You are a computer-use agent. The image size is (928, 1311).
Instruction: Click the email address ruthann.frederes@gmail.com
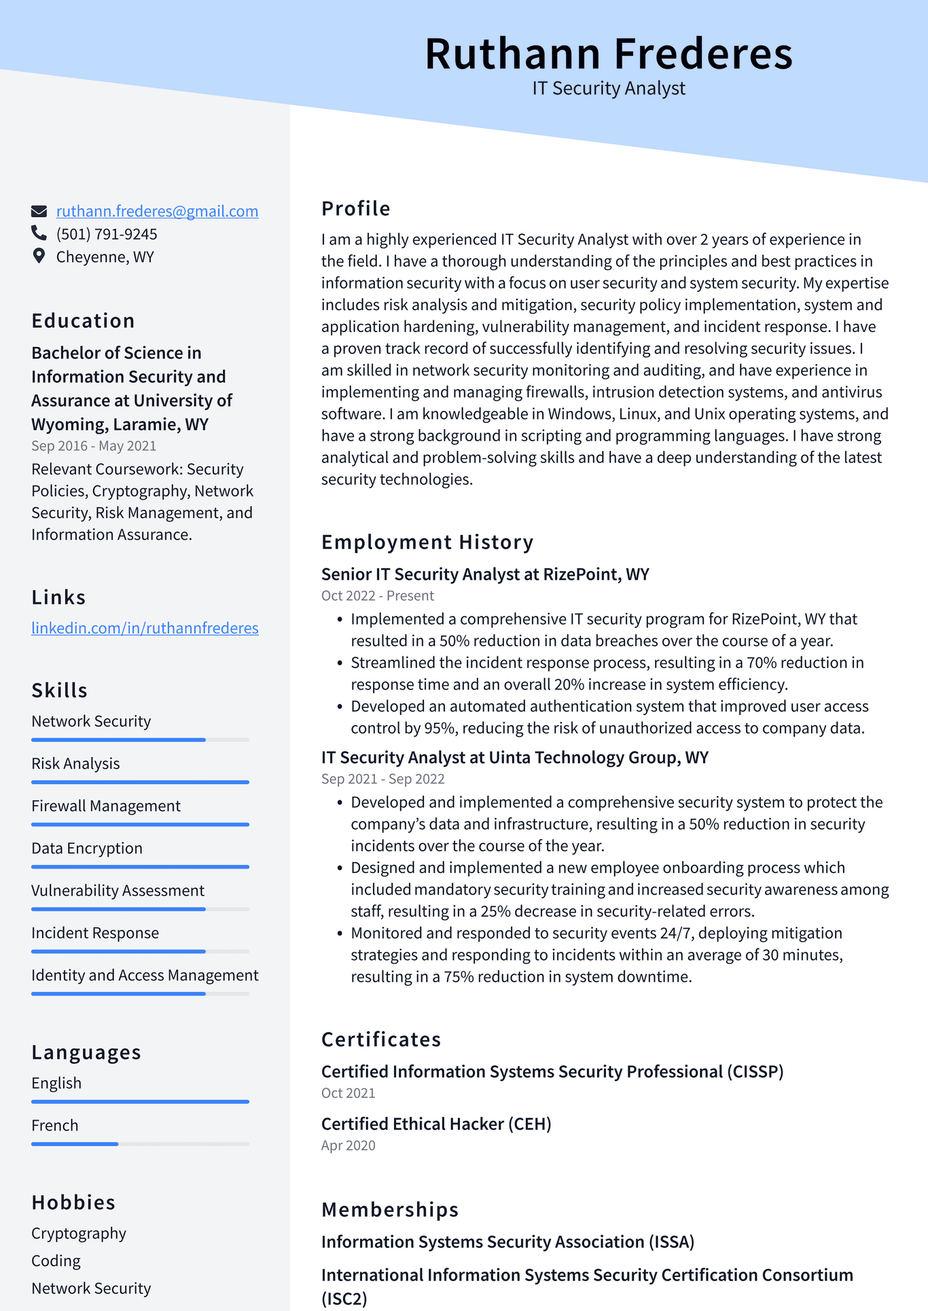[x=157, y=211]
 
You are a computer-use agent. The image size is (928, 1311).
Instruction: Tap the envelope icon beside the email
[x=39, y=211]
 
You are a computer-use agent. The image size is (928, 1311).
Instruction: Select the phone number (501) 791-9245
[x=107, y=234]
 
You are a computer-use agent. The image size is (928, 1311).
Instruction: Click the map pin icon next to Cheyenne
[x=39, y=257]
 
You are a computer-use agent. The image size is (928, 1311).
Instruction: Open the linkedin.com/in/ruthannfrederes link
[x=145, y=628]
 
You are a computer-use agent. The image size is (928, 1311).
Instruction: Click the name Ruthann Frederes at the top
[x=608, y=54]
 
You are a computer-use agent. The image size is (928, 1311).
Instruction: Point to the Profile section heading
[x=355, y=208]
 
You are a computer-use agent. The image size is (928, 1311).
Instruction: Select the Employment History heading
[x=427, y=542]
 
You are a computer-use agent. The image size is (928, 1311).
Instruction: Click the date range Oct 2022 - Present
[x=377, y=595]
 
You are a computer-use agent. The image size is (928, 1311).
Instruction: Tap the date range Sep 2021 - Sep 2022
[x=382, y=779]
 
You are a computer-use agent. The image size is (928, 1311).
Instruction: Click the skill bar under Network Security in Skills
[x=140, y=739]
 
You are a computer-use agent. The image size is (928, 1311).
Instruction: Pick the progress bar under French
[x=140, y=1144]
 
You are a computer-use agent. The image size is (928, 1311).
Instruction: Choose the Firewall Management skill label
[x=106, y=806]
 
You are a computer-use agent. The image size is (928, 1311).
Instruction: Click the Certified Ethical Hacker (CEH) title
[x=436, y=1124]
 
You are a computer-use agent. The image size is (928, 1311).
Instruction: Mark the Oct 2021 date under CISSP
[x=348, y=1093]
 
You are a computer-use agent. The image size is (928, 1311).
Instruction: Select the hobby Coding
[x=56, y=1261]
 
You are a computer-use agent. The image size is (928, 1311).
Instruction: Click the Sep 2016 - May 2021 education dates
[x=94, y=446]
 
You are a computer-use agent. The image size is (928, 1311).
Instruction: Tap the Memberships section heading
[x=390, y=1209]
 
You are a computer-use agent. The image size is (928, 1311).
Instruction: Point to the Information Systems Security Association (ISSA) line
[x=507, y=1242]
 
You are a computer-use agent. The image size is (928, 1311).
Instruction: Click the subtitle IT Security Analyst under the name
[x=608, y=88]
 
